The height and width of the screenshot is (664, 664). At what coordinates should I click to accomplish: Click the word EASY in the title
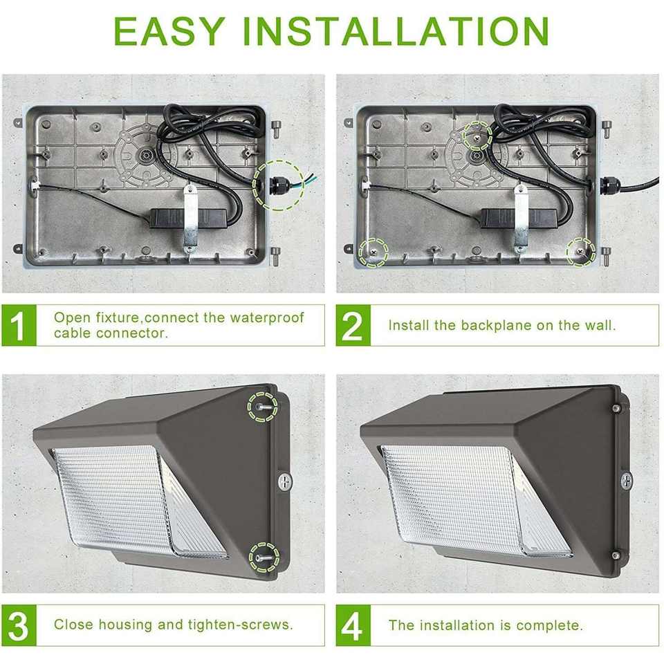[x=169, y=31]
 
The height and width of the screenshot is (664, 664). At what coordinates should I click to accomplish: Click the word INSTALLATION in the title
[x=396, y=31]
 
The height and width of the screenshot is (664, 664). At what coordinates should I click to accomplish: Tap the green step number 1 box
[x=19, y=325]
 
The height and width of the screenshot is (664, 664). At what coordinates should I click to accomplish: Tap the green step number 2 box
[x=353, y=325]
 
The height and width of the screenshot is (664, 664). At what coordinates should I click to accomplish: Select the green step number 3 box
[x=19, y=625]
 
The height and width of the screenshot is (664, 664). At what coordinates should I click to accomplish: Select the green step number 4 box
[x=353, y=625]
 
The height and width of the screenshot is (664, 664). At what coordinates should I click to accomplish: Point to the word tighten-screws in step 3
[x=240, y=625]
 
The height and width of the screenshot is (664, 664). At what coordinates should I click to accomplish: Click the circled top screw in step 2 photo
[x=477, y=136]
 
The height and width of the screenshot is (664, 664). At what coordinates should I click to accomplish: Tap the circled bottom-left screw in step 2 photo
[x=373, y=252]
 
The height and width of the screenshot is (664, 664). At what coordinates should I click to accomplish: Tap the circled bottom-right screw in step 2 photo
[x=580, y=252]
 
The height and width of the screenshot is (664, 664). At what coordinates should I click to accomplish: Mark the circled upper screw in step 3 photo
[x=263, y=407]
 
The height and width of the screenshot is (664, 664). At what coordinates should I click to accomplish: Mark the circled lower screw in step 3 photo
[x=264, y=557]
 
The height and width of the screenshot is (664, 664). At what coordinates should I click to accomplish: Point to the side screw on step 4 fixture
[x=626, y=480]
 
